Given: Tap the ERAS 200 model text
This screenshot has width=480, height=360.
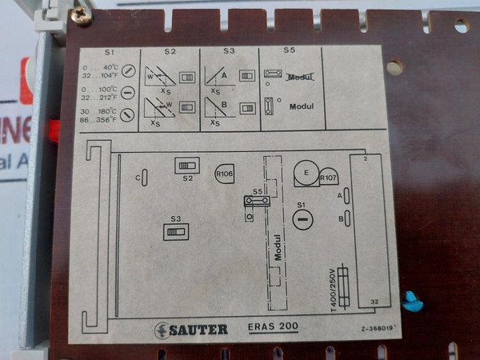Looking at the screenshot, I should (273, 328).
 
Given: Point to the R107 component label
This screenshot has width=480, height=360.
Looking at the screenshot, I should (327, 178).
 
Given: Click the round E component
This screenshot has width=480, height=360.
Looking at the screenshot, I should (305, 171).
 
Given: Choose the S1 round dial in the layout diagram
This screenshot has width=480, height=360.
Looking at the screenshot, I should (302, 220).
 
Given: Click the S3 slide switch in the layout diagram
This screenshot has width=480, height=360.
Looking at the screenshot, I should (175, 231).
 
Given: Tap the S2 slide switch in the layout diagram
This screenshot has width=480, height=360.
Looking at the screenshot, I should (187, 164).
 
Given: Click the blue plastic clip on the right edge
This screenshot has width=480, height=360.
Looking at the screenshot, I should (413, 301).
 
